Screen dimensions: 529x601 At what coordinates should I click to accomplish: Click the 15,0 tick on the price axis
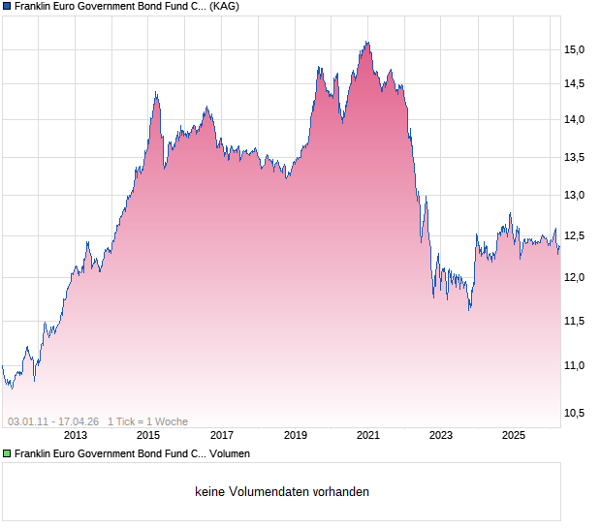click(576, 49)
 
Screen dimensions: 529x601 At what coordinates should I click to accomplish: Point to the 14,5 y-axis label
click(576, 83)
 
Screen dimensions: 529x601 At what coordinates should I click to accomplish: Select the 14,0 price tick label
click(576, 119)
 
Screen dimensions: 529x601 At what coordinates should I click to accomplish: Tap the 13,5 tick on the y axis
click(576, 157)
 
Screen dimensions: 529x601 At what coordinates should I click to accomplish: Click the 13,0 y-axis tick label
click(576, 196)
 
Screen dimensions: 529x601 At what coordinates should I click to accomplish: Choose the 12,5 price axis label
click(576, 235)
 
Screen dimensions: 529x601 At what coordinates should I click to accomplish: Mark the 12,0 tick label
click(576, 277)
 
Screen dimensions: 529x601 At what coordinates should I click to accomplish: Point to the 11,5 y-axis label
click(576, 321)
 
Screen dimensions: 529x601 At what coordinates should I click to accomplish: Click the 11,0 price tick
click(576, 365)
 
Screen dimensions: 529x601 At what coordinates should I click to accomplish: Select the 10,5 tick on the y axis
click(576, 413)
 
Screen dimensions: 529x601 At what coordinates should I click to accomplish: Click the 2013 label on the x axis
click(76, 435)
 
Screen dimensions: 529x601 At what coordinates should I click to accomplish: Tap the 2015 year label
click(148, 435)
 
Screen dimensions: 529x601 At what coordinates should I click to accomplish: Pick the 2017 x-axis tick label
click(222, 435)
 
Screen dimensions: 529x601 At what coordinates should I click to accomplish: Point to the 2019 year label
click(295, 435)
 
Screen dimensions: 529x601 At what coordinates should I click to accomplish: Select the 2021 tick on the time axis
click(368, 435)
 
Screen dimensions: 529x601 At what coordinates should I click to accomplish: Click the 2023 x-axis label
click(441, 435)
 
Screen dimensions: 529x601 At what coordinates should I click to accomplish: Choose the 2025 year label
click(514, 435)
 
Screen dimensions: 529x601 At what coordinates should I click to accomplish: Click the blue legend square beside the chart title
click(7, 7)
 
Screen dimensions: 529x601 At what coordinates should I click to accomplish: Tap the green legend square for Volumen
click(7, 452)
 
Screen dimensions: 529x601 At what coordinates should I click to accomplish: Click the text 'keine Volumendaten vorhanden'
click(282, 492)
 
